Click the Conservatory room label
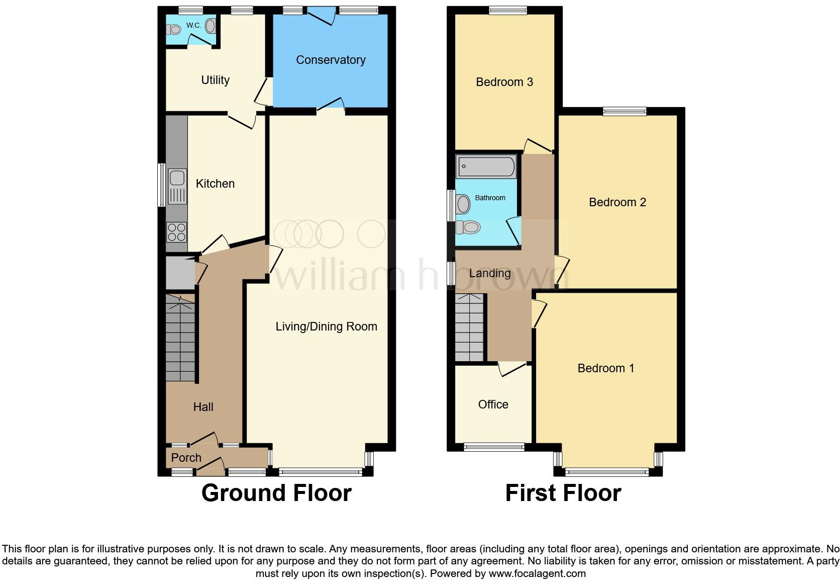click(331, 60)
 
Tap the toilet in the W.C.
click(174, 30)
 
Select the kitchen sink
click(177, 178)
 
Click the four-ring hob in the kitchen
click(177, 232)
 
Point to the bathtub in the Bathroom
click(486, 166)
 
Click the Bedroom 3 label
click(504, 82)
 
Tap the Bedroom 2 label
click(617, 202)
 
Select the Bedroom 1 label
click(605, 368)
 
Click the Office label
click(493, 404)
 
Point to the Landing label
click(489, 273)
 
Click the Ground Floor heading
click(276, 493)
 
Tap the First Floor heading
click(563, 493)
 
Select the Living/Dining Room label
click(326, 326)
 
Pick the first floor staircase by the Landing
click(470, 327)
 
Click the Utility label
click(215, 80)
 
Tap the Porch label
click(186, 458)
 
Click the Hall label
click(203, 407)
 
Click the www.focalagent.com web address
click(537, 573)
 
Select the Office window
click(493, 447)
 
